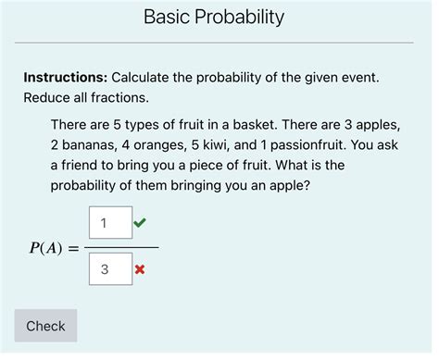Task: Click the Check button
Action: point(45,326)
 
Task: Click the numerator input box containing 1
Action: point(111,223)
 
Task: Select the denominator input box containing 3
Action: point(111,269)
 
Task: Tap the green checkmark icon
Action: point(140,222)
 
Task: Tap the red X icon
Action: point(140,269)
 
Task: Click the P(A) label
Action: point(46,247)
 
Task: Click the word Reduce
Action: point(48,97)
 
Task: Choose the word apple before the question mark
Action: point(285,185)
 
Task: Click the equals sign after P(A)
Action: point(74,248)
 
